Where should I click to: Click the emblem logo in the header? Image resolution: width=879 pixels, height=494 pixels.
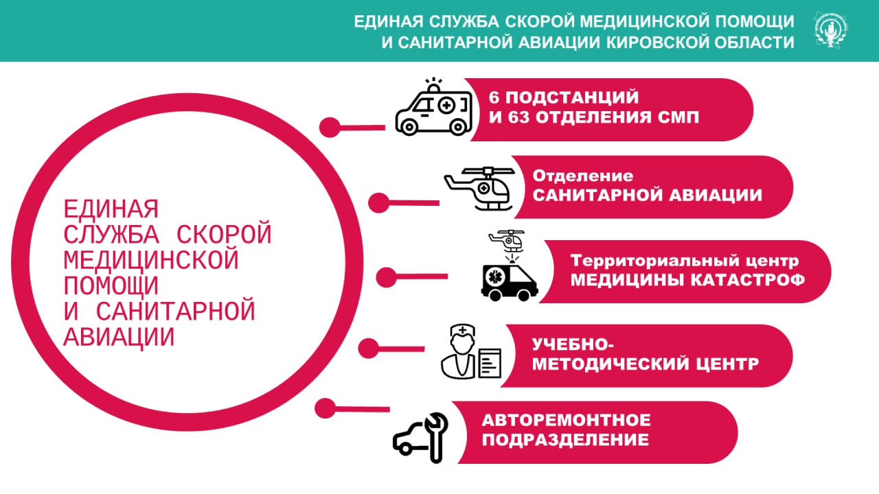(x=831, y=30)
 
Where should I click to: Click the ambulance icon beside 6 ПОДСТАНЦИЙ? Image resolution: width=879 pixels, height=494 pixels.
(x=433, y=110)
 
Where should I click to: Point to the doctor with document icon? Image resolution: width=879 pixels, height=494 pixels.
(x=470, y=351)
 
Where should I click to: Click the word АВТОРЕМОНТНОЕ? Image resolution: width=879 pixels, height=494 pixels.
(x=566, y=419)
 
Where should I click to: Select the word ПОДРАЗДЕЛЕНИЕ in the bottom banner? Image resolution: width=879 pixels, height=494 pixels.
(x=565, y=440)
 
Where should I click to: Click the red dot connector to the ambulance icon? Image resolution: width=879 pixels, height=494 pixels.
(x=331, y=127)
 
